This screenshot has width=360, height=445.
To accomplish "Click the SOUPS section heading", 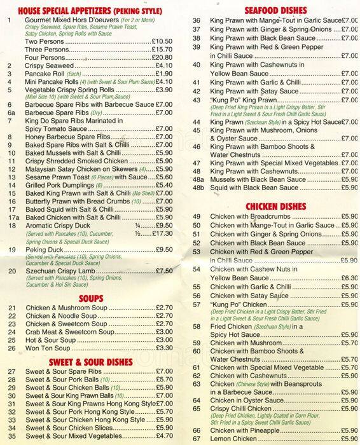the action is (x=91, y=298).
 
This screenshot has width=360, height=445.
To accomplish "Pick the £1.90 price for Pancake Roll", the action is (x=163, y=74).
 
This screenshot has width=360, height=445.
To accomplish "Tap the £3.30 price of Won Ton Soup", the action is (x=164, y=348).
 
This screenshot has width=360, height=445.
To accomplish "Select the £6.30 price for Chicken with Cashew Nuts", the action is (x=349, y=278).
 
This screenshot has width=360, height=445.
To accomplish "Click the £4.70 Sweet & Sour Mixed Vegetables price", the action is (x=164, y=436).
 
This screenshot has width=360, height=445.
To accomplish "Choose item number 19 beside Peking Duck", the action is (x=11, y=249).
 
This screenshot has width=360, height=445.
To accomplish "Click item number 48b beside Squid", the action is (x=198, y=188).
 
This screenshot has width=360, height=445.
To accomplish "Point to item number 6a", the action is (x=11, y=113).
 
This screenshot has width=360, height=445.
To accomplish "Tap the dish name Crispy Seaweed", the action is (x=50, y=65).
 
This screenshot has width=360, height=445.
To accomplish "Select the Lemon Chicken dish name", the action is (x=235, y=439).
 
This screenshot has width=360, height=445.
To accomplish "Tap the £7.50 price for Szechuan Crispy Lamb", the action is (x=164, y=271).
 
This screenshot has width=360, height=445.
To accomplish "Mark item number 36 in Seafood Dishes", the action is (x=197, y=21).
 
